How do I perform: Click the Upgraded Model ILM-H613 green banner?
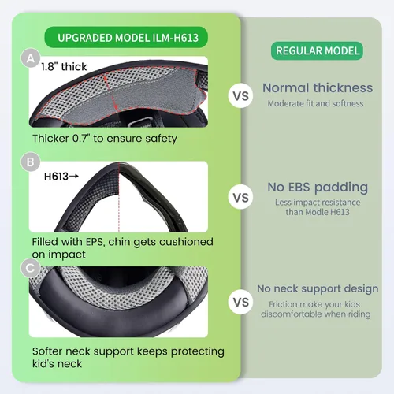[126, 37]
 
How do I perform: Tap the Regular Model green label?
[318, 50]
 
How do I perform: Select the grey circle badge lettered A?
[31, 58]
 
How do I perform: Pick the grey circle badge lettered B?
[31, 162]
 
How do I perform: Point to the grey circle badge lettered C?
[31, 268]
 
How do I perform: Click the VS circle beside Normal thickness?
[240, 96]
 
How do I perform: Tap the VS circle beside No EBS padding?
[240, 198]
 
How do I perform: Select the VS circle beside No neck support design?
[240, 302]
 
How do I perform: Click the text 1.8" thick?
[64, 67]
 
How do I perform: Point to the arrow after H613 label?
[74, 177]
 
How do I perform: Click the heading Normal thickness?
[318, 87]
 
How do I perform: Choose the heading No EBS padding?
[318, 188]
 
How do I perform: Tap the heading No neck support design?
[318, 289]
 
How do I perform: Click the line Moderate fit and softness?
[315, 103]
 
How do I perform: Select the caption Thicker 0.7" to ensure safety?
[105, 139]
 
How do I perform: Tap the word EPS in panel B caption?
[95, 242]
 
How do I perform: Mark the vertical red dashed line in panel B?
[119, 197]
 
